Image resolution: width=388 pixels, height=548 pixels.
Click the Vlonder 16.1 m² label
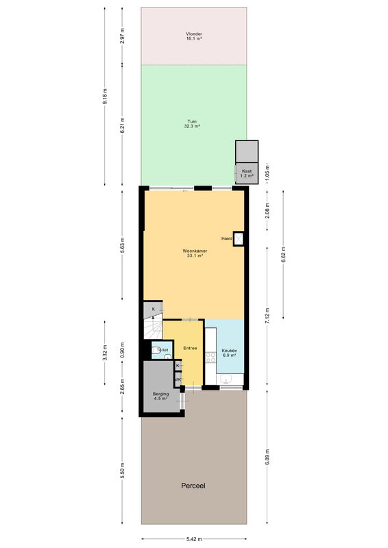click(193, 36)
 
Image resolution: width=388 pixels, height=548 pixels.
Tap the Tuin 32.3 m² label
click(192, 124)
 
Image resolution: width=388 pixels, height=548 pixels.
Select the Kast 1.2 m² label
click(247, 173)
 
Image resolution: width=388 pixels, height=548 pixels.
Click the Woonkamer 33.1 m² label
click(195, 253)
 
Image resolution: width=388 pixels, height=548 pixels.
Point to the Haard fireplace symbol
click(239, 238)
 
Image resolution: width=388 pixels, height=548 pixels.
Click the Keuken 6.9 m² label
click(229, 353)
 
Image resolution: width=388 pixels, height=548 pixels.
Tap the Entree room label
click(190, 348)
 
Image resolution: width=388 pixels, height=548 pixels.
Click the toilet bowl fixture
click(156, 351)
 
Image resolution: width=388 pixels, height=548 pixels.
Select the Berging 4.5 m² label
click(160, 396)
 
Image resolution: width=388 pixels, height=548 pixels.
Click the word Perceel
click(193, 486)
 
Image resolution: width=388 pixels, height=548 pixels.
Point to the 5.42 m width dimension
click(194, 539)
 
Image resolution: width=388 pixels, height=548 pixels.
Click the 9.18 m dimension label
click(105, 96)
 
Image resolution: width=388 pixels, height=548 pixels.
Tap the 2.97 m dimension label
click(122, 36)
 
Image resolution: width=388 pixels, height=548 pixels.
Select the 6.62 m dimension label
click(283, 254)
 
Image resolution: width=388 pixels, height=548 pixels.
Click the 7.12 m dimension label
click(267, 316)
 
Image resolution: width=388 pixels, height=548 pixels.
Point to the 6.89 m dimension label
click(267, 457)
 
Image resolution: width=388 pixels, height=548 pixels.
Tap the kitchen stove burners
click(210, 357)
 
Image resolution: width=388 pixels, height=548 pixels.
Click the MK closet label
click(178, 379)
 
